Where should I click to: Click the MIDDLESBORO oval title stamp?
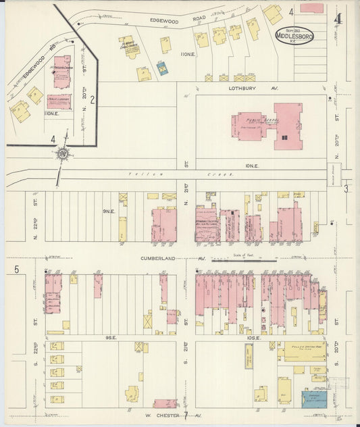click(294, 35)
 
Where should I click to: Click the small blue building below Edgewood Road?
click(162, 68)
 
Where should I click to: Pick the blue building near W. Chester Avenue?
click(314, 398)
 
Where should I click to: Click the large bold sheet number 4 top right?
click(338, 18)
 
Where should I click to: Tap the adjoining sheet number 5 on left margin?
click(15, 270)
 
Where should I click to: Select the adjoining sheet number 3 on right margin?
click(346, 189)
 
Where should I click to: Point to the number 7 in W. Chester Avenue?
click(184, 413)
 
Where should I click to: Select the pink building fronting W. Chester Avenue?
click(165, 403)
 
